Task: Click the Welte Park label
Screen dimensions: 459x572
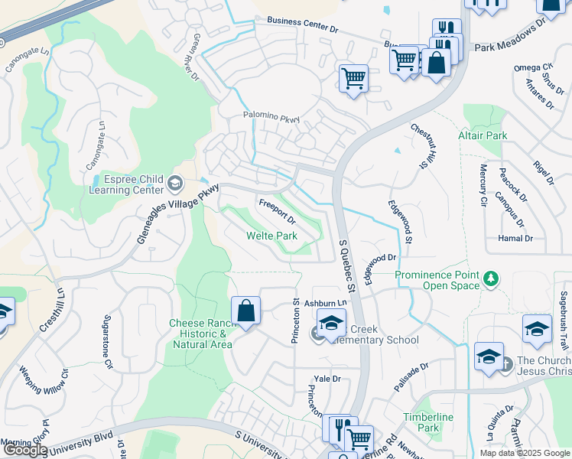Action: tap(271, 236)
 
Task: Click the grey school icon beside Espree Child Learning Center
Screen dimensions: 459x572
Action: tap(176, 183)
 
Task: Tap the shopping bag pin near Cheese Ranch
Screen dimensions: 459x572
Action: tap(245, 312)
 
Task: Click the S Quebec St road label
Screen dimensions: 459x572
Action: tap(348, 265)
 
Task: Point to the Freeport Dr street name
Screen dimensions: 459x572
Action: tap(277, 212)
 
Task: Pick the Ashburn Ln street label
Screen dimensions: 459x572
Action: tap(326, 303)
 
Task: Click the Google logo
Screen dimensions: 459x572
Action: tap(24, 450)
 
